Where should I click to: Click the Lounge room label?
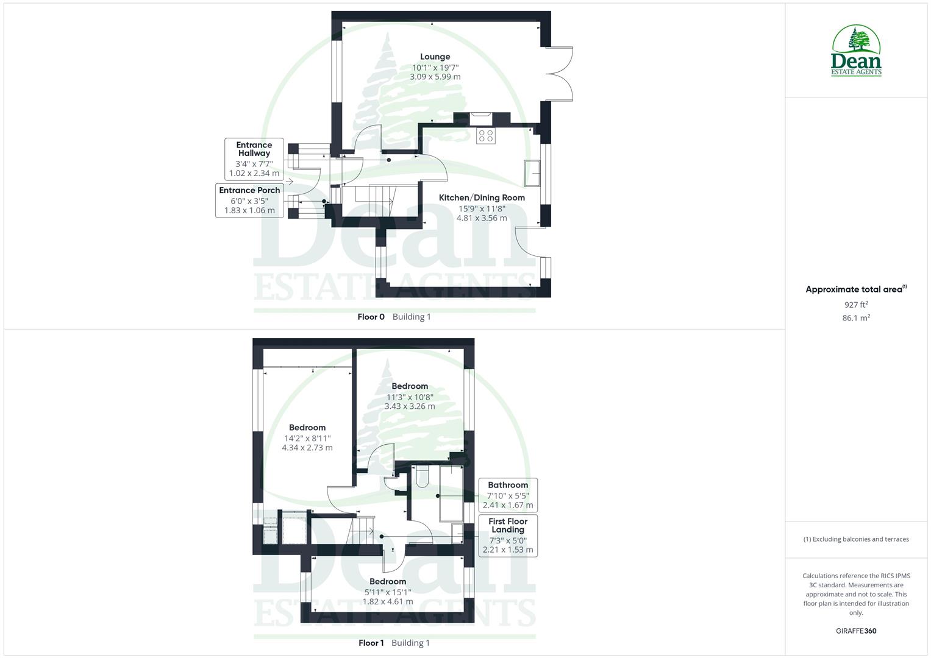pyautogui.click(x=435, y=57)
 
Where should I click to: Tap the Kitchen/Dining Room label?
pyautogui.click(x=482, y=197)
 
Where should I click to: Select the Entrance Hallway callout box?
pyautogui.click(x=254, y=159)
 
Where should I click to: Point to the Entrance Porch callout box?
pyautogui.click(x=249, y=200)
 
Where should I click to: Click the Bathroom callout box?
pyautogui.click(x=507, y=495)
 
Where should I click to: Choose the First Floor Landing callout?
pyautogui.click(x=507, y=536)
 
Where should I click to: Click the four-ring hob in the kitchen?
pyautogui.click(x=486, y=136)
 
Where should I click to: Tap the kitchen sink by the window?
pyautogui.click(x=532, y=173)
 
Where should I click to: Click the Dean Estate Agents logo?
pyautogui.click(x=856, y=51)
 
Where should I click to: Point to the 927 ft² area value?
pyautogui.click(x=856, y=305)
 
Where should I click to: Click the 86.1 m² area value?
pyautogui.click(x=856, y=317)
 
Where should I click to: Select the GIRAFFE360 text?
pyautogui.click(x=856, y=631)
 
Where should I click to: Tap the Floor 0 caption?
pyautogui.click(x=371, y=317)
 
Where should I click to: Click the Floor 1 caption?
pyautogui.click(x=371, y=643)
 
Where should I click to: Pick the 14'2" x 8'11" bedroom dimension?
pyautogui.click(x=307, y=437)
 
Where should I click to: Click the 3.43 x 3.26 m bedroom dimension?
pyautogui.click(x=410, y=406)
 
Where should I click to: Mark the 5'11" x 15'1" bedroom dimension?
pyautogui.click(x=388, y=592)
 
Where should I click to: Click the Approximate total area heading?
pyautogui.click(x=855, y=289)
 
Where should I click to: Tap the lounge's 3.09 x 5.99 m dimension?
pyautogui.click(x=435, y=77)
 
